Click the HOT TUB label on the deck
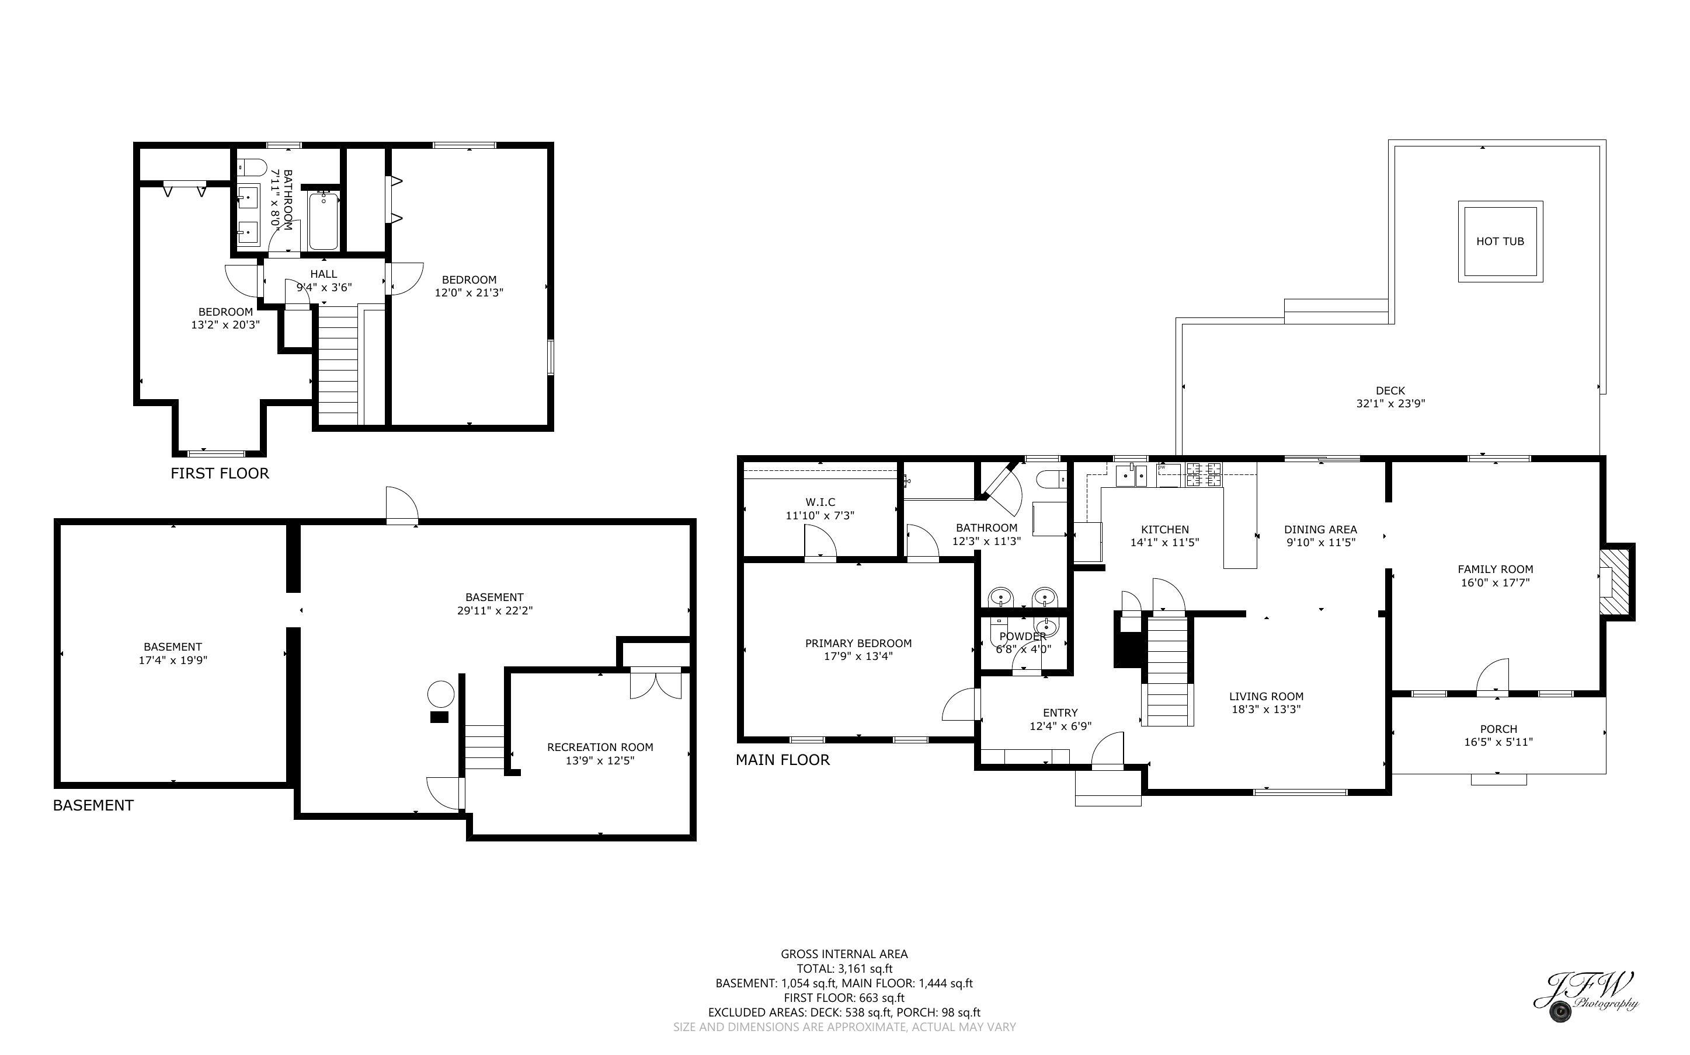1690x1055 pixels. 1500,242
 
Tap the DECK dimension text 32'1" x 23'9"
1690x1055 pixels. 1390,403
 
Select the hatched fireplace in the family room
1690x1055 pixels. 1616,582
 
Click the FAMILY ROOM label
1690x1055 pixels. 1494,570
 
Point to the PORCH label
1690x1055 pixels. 1498,729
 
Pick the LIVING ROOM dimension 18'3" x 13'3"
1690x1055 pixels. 1265,710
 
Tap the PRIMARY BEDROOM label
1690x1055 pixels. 858,643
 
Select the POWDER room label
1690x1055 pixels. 1023,637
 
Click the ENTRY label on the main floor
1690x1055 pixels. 1060,713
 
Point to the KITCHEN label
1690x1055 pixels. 1164,530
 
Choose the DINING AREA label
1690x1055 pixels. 1320,530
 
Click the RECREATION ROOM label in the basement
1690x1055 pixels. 600,747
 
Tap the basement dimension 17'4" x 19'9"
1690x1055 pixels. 172,660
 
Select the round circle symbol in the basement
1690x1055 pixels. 440,694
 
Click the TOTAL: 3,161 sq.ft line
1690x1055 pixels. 844,969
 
